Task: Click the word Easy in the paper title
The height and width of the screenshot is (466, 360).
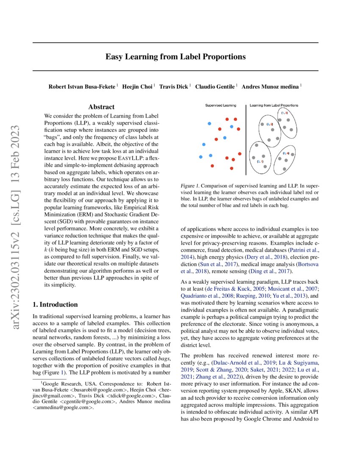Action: [x=114, y=56]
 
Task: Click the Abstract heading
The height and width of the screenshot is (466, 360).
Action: [x=101, y=107]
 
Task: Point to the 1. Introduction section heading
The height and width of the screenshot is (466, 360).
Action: [x=55, y=304]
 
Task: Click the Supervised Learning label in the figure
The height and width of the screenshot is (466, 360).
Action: [x=221, y=105]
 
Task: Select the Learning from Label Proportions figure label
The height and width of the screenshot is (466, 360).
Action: [x=274, y=105]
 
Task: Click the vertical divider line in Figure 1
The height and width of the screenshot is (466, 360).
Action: [x=246, y=140]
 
